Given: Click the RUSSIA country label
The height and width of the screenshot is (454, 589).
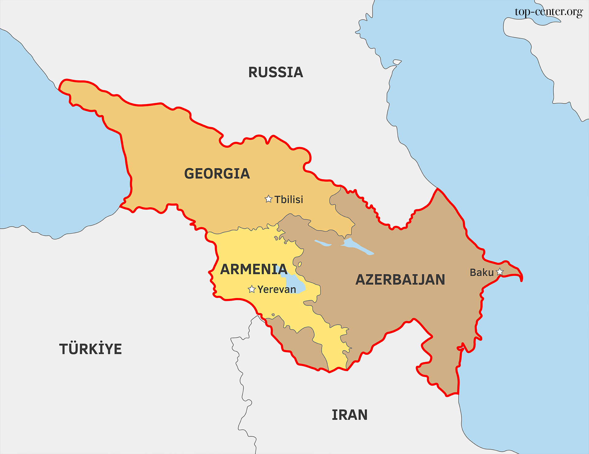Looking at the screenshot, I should (x=275, y=72).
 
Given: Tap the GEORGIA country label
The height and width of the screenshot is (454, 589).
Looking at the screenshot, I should (x=217, y=174).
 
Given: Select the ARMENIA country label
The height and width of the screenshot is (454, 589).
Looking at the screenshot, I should (x=254, y=269).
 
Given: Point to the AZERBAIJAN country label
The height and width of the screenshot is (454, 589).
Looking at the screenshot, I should (x=400, y=279).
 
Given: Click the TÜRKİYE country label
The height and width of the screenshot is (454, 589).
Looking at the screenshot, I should (x=90, y=349).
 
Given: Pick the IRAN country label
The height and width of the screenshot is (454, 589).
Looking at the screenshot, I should (x=349, y=415).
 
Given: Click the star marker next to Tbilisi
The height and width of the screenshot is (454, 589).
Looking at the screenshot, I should (x=268, y=199).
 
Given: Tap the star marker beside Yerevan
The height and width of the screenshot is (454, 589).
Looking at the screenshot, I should (x=252, y=289).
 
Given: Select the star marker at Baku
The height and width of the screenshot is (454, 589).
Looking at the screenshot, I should (x=500, y=272).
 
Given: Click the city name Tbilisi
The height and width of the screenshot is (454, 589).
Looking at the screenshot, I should (x=289, y=200).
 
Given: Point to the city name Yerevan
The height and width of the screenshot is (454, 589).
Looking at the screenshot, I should (x=277, y=289).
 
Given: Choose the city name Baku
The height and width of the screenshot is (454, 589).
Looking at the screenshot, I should (x=481, y=272).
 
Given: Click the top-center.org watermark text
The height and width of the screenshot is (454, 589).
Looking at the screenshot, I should (x=549, y=12).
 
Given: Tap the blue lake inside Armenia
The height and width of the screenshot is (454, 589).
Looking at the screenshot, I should (x=295, y=284).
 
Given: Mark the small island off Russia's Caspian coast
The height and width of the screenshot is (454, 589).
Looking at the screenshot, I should (x=397, y=62).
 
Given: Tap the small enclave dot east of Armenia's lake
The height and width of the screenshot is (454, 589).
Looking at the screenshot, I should (x=300, y=264).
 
